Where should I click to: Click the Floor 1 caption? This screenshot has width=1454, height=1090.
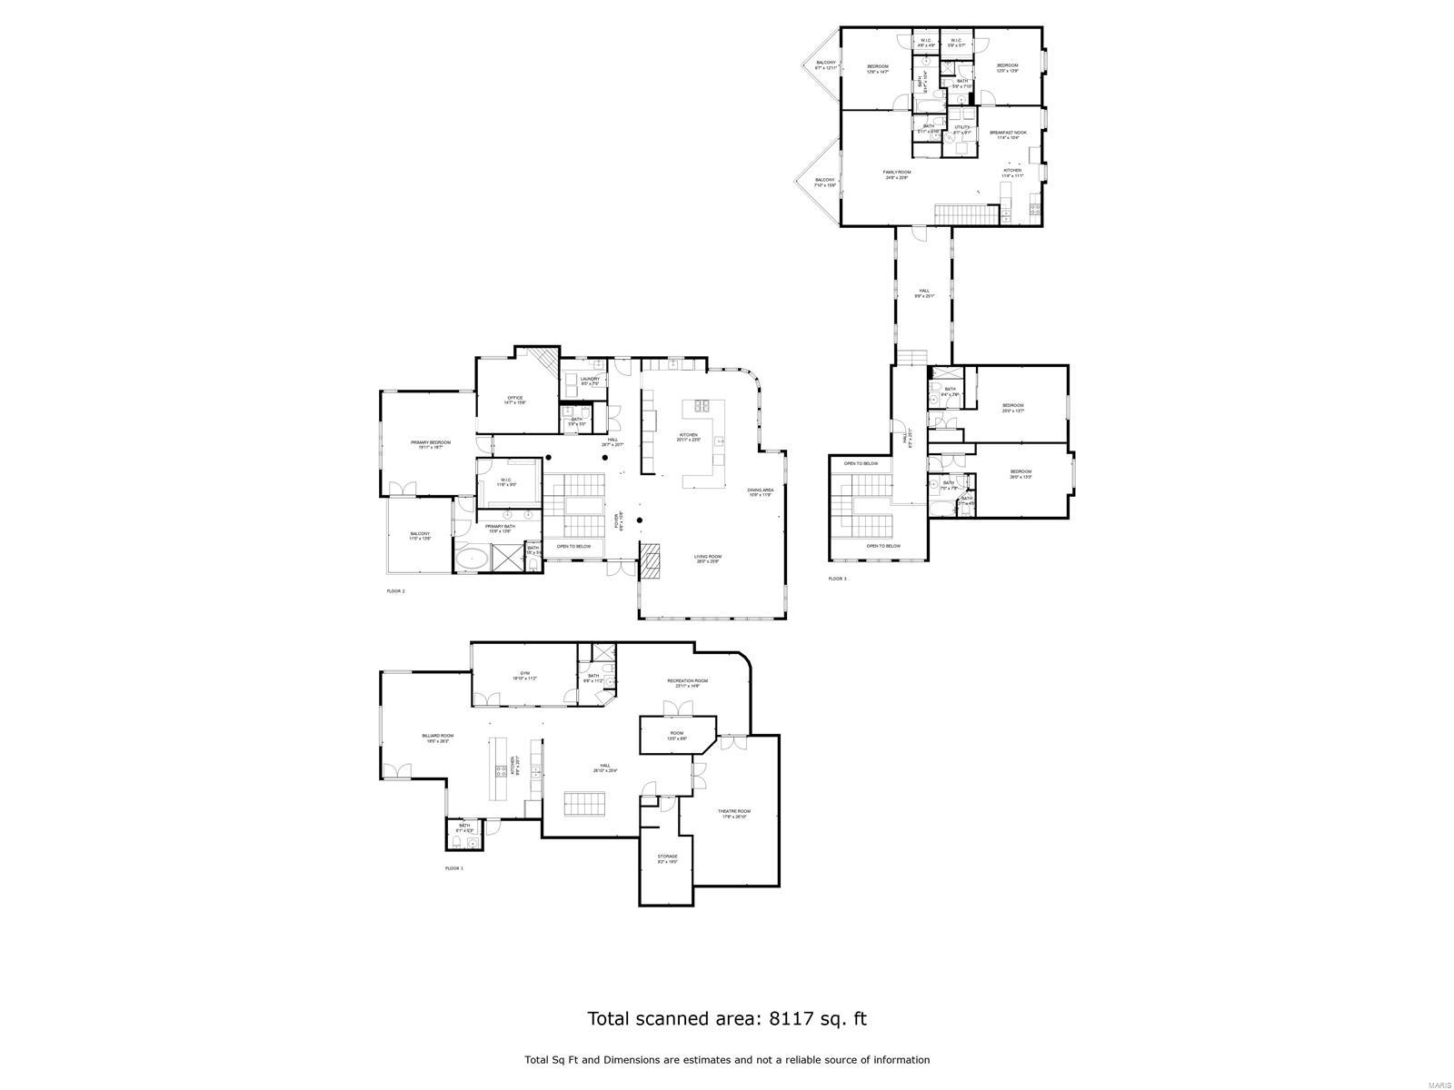click(454, 868)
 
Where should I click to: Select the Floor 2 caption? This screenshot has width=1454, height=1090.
click(395, 591)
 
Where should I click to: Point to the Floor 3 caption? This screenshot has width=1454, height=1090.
click(837, 579)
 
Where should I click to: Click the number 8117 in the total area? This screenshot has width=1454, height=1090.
click(789, 1018)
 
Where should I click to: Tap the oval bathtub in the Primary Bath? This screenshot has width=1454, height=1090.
click(471, 557)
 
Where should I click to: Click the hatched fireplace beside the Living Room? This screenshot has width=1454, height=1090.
click(652, 560)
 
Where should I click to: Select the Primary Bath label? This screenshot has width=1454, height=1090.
click(500, 528)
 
